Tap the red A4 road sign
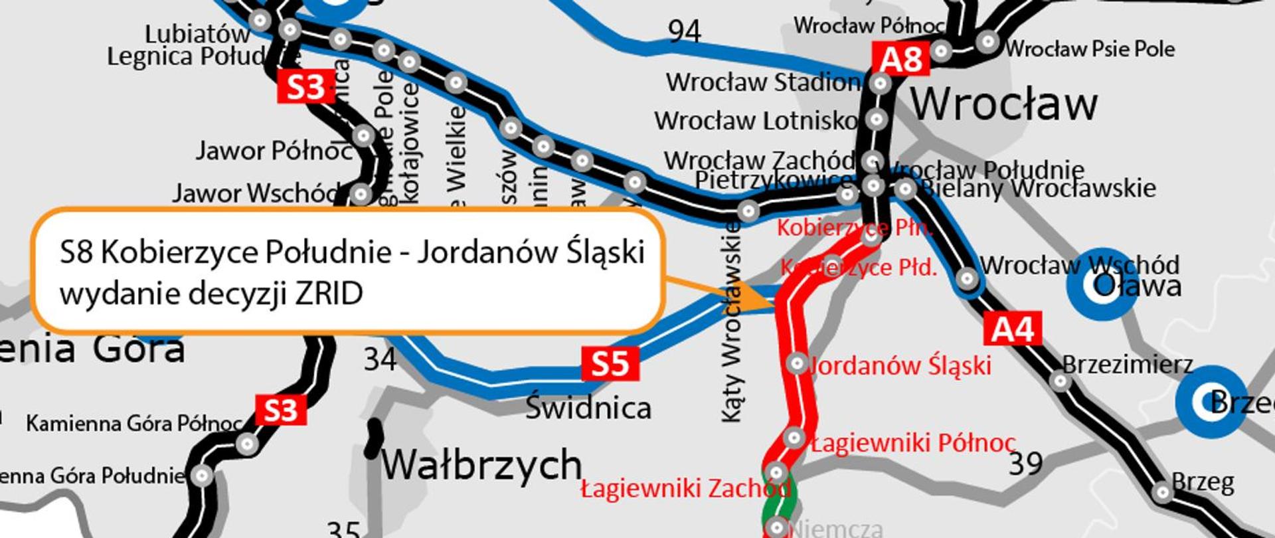coord(1012,329)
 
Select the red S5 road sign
coord(610,364)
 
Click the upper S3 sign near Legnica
coord(305,87)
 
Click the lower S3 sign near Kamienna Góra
coord(281,410)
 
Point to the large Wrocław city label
coord(1003,104)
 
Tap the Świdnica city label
coord(588,407)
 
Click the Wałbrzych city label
coord(481,464)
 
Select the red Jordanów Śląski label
coord(900,366)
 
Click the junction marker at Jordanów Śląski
coord(796,363)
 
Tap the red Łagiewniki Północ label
coord(913,443)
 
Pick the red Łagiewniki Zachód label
coord(685,489)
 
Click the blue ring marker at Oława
coord(1102,286)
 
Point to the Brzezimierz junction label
coord(1127,364)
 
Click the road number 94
coord(684,31)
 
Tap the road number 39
coord(1025,464)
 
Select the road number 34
coord(380,360)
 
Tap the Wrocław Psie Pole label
coord(1089,48)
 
